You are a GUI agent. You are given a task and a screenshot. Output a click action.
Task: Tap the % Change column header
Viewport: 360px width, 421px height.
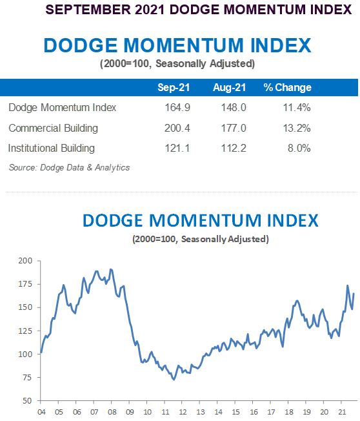point(287,88)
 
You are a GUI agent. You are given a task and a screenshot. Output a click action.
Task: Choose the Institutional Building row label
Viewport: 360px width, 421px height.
point(52,148)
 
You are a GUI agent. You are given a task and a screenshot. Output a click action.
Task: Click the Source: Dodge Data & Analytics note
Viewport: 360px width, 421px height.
point(69,167)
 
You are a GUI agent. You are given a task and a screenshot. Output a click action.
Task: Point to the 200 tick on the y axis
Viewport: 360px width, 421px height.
point(25,261)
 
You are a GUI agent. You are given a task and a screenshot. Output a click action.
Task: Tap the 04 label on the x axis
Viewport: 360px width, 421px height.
point(41,411)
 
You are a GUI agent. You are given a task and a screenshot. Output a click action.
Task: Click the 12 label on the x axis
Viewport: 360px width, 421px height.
point(185,411)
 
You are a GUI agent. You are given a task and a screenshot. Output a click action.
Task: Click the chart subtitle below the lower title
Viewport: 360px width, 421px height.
point(200,239)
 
